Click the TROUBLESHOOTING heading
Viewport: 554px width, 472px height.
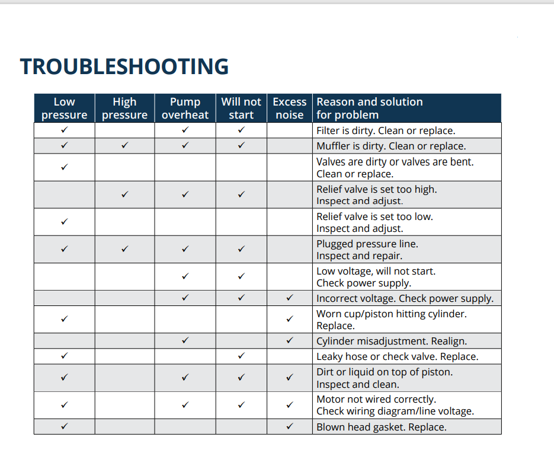pos(124,66)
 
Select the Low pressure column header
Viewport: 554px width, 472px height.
pos(64,108)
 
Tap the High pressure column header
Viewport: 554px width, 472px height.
pos(124,108)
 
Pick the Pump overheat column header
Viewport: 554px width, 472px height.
pos(185,108)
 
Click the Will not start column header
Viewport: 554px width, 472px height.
pos(241,108)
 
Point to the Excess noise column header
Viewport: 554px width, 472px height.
pos(289,108)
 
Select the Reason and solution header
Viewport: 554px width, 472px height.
pos(369,108)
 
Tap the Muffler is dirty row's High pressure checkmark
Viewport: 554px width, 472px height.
pos(124,145)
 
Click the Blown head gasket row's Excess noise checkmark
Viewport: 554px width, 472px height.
pos(289,426)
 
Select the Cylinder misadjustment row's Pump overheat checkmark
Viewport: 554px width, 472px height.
pos(185,340)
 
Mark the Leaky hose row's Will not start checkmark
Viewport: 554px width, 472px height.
pos(241,356)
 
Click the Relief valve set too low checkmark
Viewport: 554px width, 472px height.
pos(64,222)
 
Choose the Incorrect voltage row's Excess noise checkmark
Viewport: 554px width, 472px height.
pos(289,298)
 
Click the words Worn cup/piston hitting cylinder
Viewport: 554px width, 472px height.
pos(391,314)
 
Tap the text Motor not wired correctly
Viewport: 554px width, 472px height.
pos(376,399)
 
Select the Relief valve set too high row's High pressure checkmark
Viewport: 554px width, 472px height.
pos(124,194)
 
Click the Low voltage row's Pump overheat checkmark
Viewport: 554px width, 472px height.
pos(185,276)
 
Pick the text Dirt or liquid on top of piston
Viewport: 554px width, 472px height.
pos(384,372)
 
